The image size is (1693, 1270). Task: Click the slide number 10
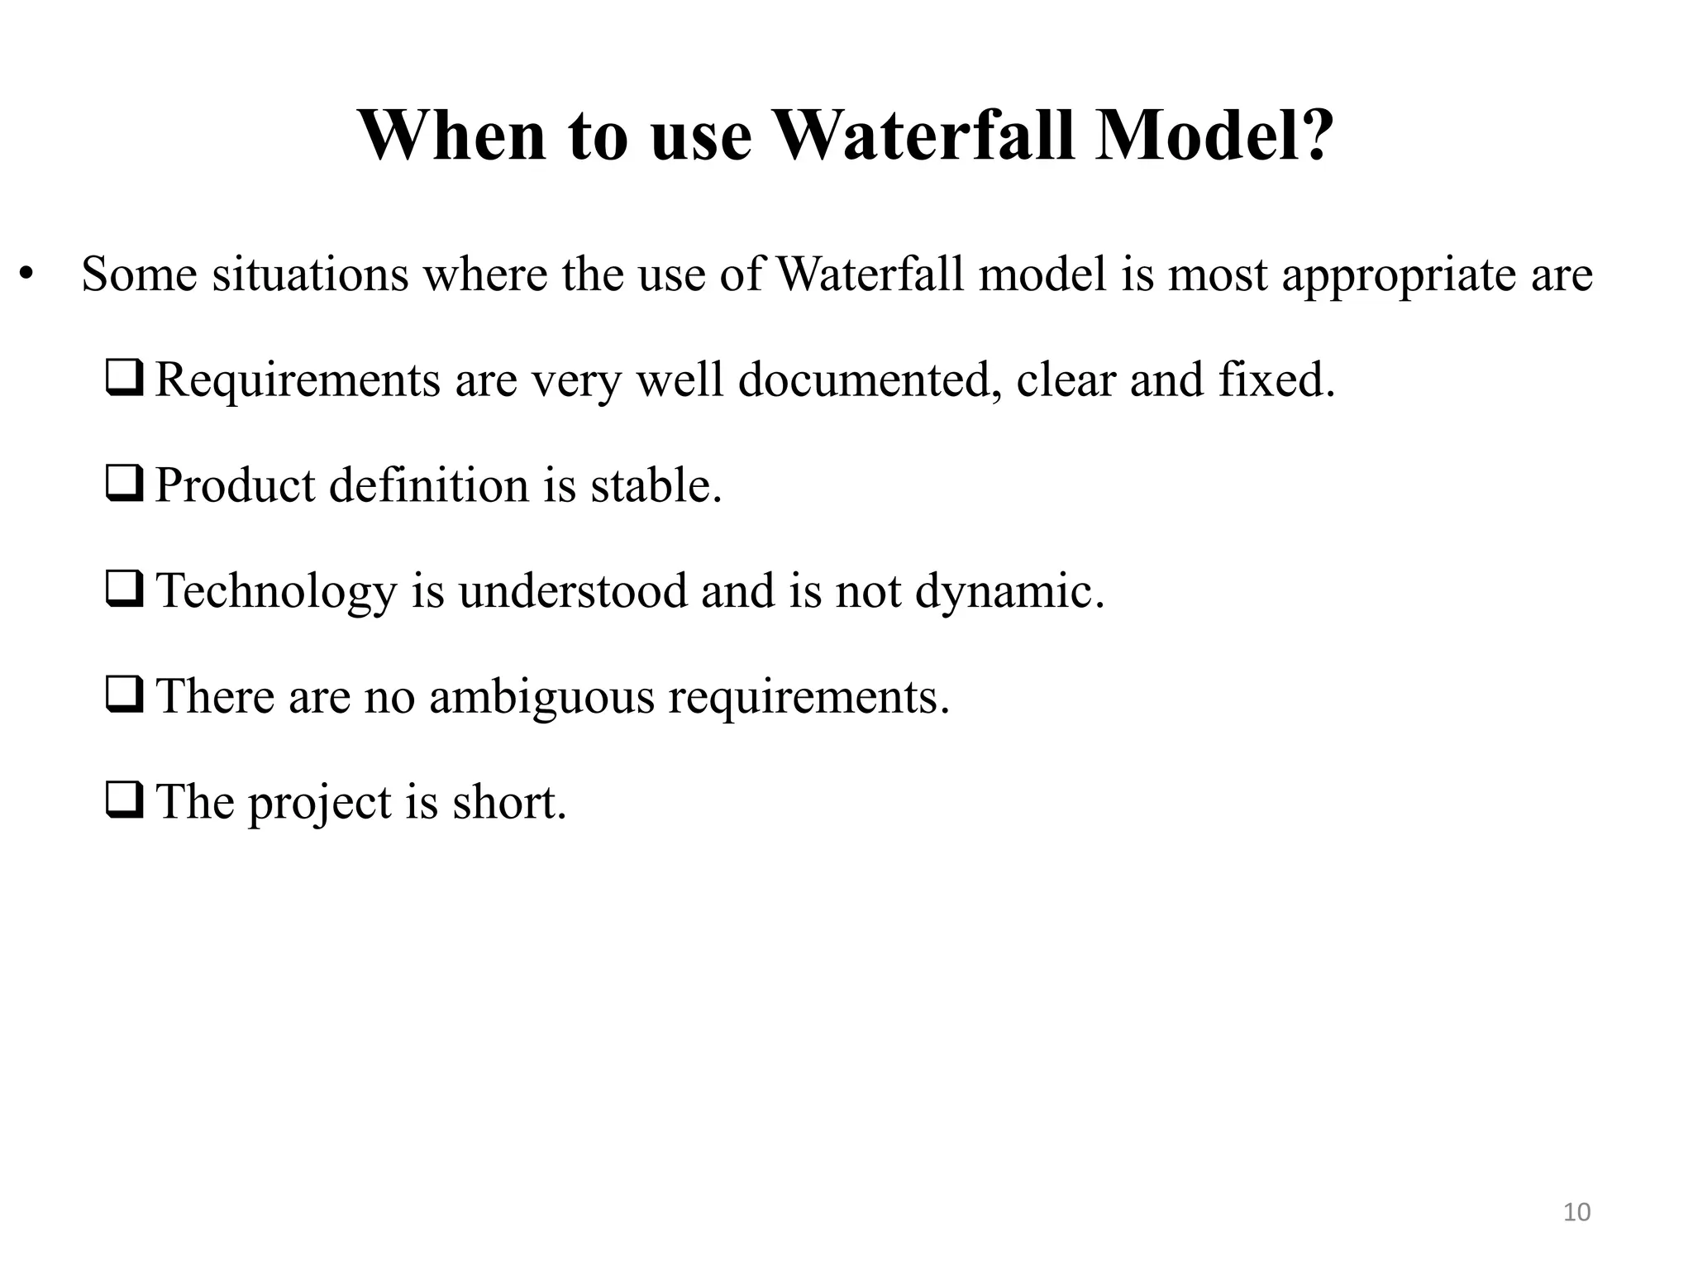[1577, 1212]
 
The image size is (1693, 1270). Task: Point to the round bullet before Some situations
[26, 275]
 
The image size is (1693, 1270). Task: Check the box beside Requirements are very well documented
[125, 380]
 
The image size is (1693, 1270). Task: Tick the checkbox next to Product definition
[125, 485]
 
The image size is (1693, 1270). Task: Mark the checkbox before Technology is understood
[125, 590]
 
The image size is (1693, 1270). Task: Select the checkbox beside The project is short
[125, 801]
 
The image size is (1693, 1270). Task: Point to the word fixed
[1276, 380]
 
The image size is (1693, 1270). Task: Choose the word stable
[656, 485]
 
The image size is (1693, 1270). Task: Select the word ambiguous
[541, 697]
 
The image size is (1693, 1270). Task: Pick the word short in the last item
[509, 802]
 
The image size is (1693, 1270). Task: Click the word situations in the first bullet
[310, 275]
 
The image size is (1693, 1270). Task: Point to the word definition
[428, 485]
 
